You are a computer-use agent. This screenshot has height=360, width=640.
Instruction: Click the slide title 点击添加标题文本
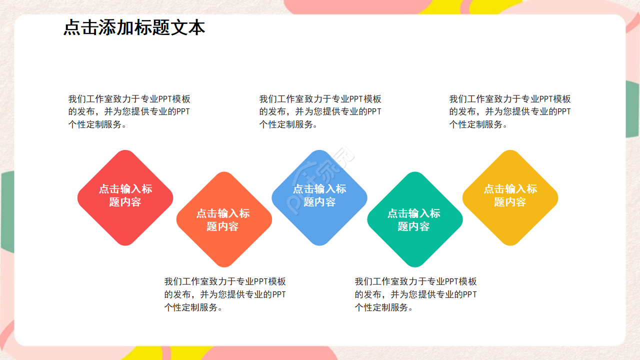(134, 28)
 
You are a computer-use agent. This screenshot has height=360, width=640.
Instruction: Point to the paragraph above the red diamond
(129, 111)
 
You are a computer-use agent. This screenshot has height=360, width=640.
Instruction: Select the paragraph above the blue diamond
(320, 111)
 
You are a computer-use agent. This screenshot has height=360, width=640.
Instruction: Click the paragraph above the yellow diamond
(510, 111)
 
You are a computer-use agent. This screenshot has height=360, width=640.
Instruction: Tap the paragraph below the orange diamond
(225, 294)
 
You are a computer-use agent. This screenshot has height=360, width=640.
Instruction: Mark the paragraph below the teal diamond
(415, 294)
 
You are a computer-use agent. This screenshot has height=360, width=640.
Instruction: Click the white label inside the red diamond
(125, 195)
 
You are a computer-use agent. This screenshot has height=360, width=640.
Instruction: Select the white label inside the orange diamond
(223, 220)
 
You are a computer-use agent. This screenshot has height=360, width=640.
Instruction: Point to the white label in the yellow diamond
(510, 195)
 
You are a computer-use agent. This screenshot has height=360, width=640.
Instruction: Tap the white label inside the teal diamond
(414, 220)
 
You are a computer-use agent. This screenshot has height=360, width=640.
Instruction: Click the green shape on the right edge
(632, 110)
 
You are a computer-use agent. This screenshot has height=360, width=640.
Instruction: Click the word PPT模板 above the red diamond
(174, 99)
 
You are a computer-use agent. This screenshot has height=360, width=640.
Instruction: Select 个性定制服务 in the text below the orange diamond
(190, 307)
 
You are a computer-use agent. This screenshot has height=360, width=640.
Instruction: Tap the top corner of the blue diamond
(319, 152)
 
